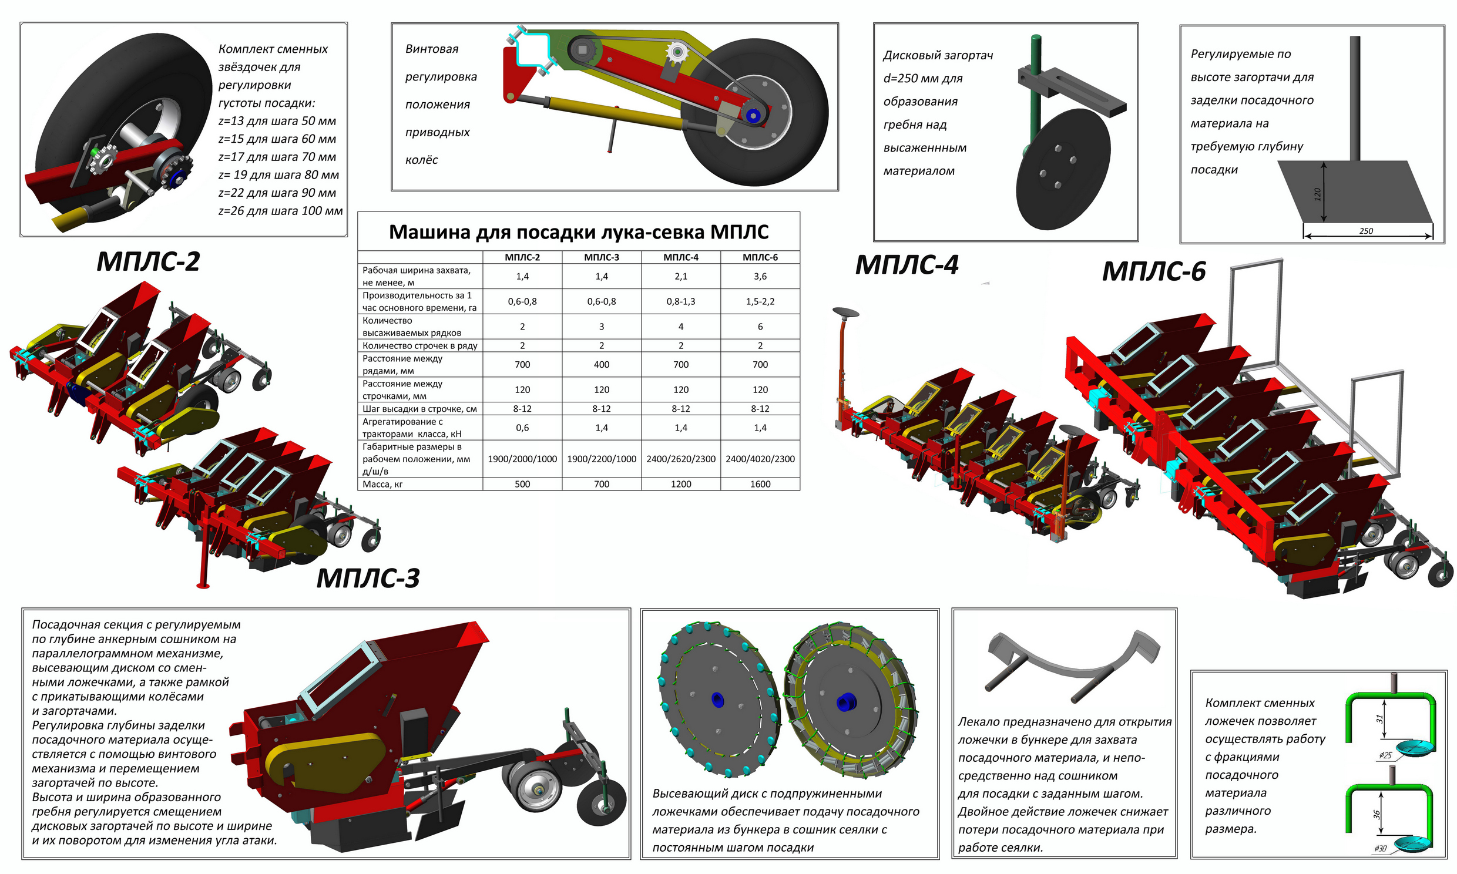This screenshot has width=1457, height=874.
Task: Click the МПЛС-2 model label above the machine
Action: pos(149,261)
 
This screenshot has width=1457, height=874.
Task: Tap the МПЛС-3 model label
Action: pos(368,578)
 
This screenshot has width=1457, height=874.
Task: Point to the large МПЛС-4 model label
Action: pos(907,265)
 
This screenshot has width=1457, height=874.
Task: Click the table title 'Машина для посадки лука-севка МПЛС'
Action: pos(578,232)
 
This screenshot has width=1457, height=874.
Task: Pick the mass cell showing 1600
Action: pos(760,484)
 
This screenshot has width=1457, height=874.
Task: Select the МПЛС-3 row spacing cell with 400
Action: pos(601,365)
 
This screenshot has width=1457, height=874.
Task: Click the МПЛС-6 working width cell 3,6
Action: pos(760,276)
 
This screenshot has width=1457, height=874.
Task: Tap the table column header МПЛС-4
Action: pos(680,257)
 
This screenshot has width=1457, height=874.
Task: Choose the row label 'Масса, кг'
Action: pos(383,484)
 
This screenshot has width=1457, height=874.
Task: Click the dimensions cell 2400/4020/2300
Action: pos(760,459)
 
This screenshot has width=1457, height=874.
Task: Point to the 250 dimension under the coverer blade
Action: pos(1366,231)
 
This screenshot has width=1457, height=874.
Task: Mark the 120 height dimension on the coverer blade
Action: pos(1317,194)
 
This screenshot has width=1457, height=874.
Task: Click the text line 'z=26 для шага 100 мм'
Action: pos(280,211)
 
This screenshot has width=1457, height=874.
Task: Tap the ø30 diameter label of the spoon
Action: pos(1380,849)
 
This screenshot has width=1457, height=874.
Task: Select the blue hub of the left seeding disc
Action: pos(717,699)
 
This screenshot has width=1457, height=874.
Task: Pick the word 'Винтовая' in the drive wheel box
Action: pos(432,49)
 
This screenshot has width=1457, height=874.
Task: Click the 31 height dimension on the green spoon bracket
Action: pos(1379,718)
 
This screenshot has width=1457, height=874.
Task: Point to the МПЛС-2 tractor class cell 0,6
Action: pos(522,428)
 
